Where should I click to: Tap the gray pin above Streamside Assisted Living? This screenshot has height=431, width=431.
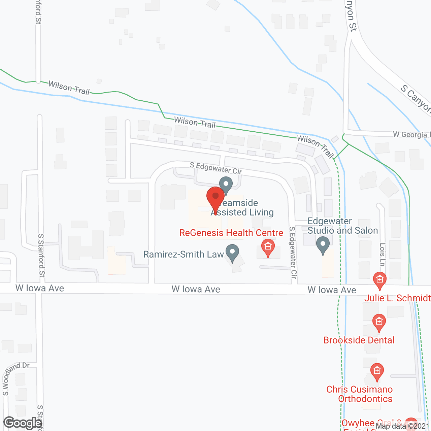[226, 185]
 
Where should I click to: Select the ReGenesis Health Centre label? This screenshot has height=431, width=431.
[231, 233]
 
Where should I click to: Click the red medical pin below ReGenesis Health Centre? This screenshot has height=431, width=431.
[268, 247]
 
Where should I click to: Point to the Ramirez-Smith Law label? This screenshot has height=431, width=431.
[184, 254]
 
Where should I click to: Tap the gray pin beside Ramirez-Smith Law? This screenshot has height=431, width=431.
[232, 253]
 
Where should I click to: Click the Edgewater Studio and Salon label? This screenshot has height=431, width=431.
[342, 226]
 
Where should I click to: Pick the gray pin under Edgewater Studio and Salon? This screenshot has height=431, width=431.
[323, 245]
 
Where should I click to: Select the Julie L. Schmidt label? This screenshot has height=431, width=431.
[397, 298]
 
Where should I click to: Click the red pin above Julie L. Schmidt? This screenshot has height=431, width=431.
[380, 280]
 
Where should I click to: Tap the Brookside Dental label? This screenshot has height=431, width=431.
[359, 340]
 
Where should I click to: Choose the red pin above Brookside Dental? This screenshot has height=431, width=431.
[379, 322]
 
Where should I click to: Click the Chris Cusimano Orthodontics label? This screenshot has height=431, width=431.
[360, 394]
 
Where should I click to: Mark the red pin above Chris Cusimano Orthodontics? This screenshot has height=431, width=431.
[377, 372]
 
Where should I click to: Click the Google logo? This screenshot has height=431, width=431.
[23, 423]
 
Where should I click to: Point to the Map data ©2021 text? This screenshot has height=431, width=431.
[403, 426]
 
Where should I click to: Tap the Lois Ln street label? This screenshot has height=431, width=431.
[382, 254]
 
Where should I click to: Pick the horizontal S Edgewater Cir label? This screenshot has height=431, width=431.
[216, 168]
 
